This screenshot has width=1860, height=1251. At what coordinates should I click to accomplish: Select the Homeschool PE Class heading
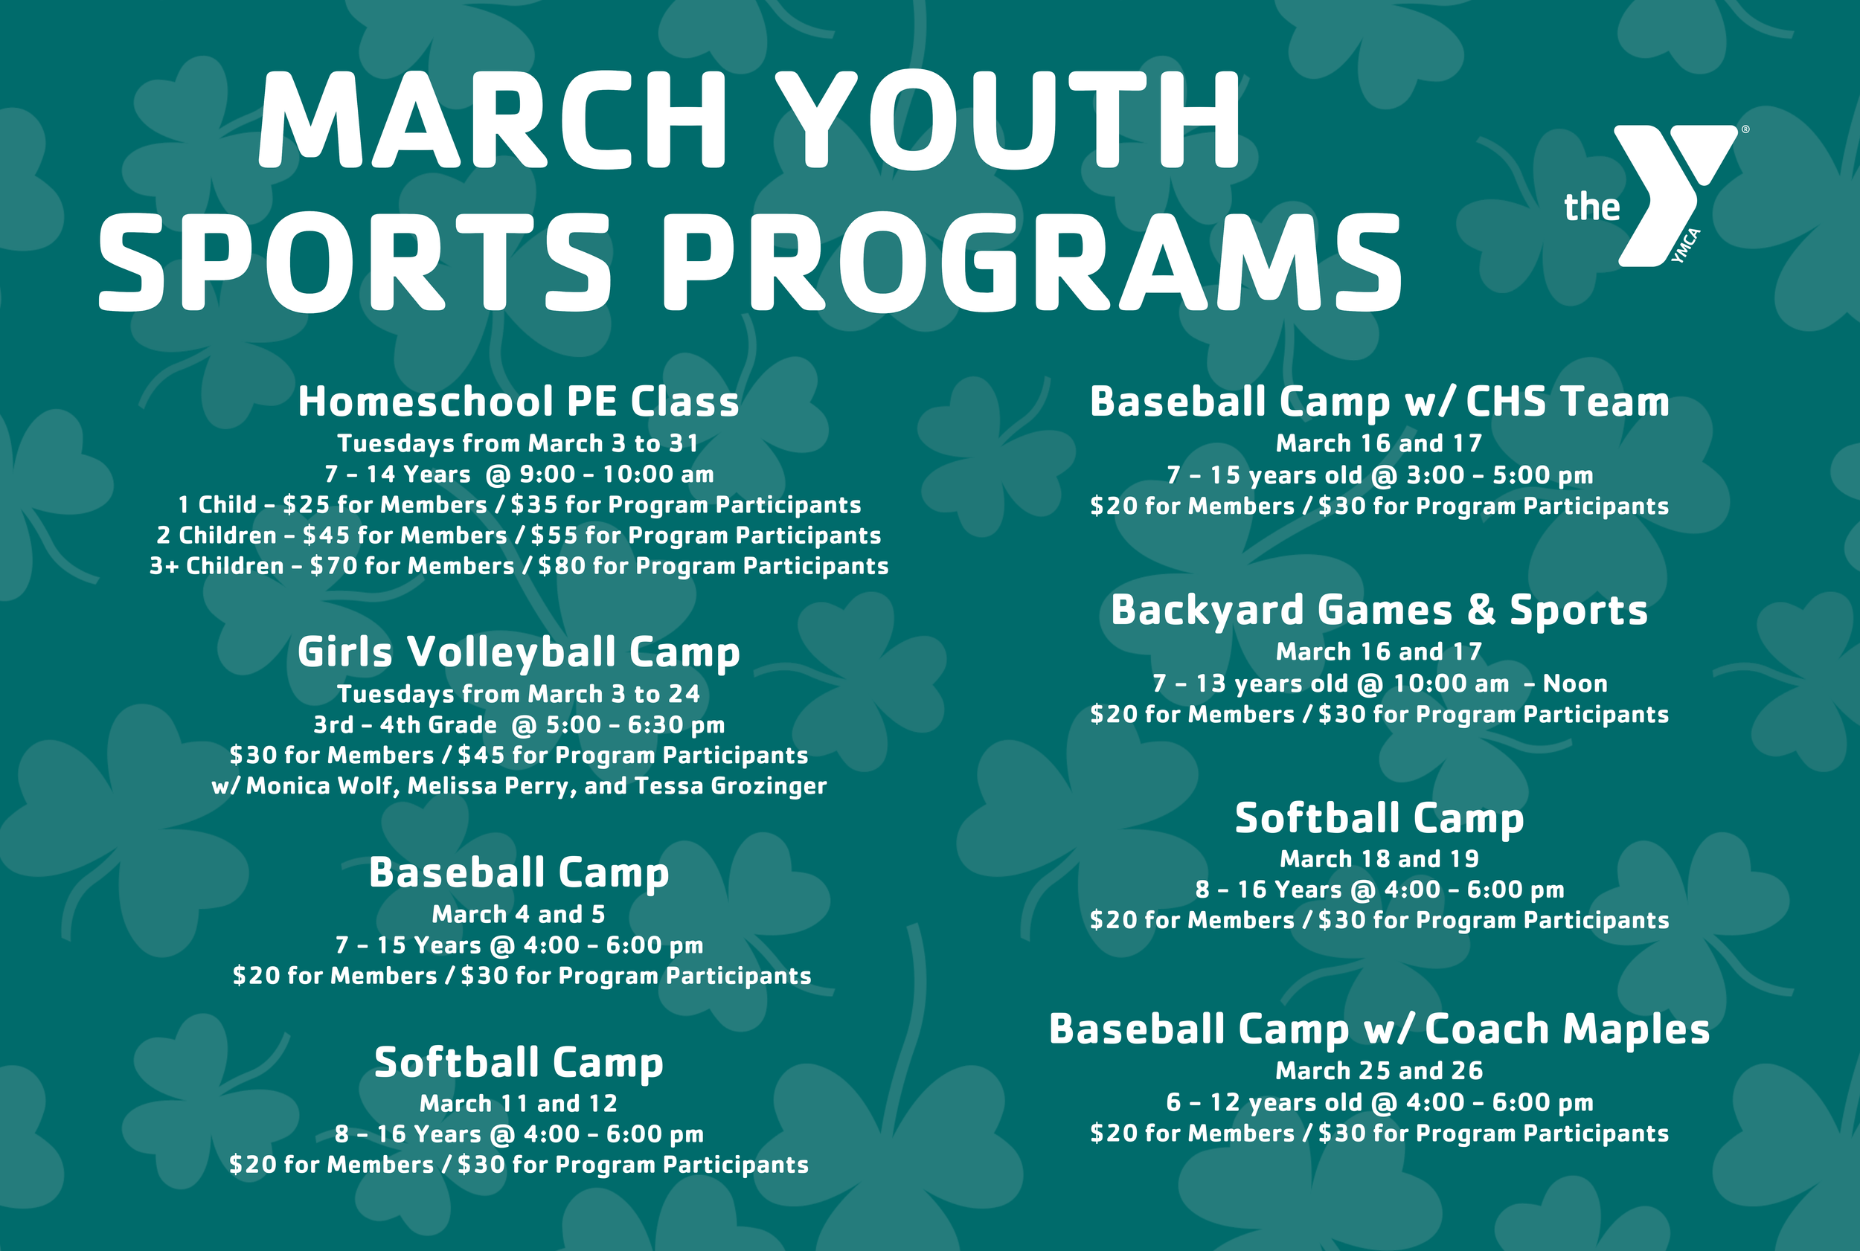(x=519, y=402)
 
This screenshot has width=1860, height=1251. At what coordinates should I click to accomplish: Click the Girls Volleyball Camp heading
(x=519, y=652)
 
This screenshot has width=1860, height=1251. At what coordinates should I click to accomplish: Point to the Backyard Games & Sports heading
(x=1379, y=611)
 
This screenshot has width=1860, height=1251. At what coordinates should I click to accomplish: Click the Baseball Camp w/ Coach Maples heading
(x=1379, y=1029)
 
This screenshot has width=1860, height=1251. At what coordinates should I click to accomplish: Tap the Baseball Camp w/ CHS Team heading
(x=1379, y=402)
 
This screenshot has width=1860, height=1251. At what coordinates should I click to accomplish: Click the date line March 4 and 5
(x=519, y=914)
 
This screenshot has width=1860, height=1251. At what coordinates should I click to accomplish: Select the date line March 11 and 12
(x=519, y=1104)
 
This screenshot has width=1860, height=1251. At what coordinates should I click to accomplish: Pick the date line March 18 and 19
(x=1379, y=858)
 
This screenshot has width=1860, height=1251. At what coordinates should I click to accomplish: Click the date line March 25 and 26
(x=1379, y=1071)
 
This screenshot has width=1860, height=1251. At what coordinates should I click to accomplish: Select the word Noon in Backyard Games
(x=1574, y=684)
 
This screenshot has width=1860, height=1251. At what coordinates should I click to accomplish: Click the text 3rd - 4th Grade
(x=405, y=725)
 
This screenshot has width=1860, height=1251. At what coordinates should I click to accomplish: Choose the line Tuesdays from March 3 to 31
(x=519, y=443)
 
